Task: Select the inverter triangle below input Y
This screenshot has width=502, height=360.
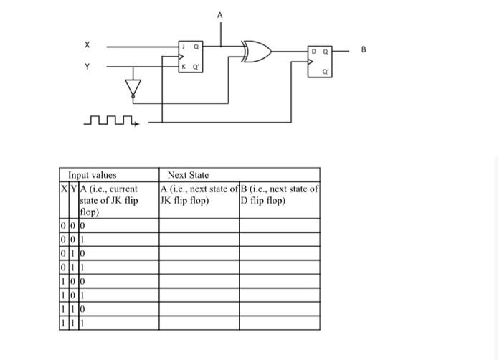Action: pos(131,88)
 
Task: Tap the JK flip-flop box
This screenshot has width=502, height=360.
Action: pos(191,56)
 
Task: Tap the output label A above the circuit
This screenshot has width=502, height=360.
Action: pos(220,15)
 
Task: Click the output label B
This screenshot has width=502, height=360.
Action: pos(363,50)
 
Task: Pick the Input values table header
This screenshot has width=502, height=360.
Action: pos(92,175)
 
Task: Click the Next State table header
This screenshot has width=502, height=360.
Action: pos(188,175)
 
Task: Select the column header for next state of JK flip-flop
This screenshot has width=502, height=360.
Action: pos(199,195)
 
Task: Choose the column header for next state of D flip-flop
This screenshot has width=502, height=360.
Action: pos(279,195)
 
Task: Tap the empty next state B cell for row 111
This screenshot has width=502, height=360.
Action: pos(279,324)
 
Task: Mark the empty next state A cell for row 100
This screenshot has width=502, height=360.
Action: pos(199,282)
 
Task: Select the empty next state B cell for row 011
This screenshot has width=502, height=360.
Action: pos(279,267)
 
